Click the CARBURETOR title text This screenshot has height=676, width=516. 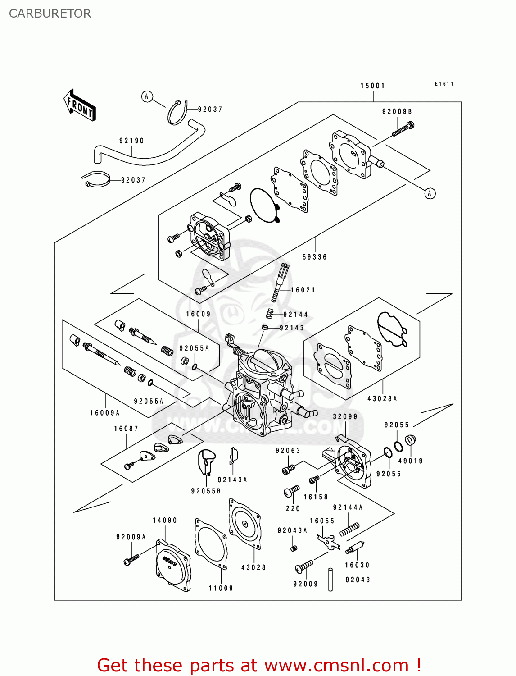point(50,14)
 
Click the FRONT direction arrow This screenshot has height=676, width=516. point(79,105)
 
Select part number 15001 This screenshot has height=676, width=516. point(373,86)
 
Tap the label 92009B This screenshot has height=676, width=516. point(397,111)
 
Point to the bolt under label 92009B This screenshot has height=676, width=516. point(403,129)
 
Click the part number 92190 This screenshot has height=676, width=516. point(131,141)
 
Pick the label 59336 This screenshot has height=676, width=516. point(314,257)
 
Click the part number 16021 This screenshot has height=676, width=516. point(303,290)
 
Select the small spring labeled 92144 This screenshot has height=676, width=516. point(270,314)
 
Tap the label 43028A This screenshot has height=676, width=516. point(382,398)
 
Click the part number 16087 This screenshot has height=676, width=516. point(126,429)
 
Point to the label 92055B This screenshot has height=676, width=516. point(206,491)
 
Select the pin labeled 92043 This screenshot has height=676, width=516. point(330,580)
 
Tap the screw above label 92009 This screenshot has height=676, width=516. point(304,566)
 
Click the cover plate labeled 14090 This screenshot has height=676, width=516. point(173,565)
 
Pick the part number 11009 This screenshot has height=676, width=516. point(221,588)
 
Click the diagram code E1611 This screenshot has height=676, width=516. point(444,84)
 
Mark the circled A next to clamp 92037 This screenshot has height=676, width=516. point(147,96)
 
